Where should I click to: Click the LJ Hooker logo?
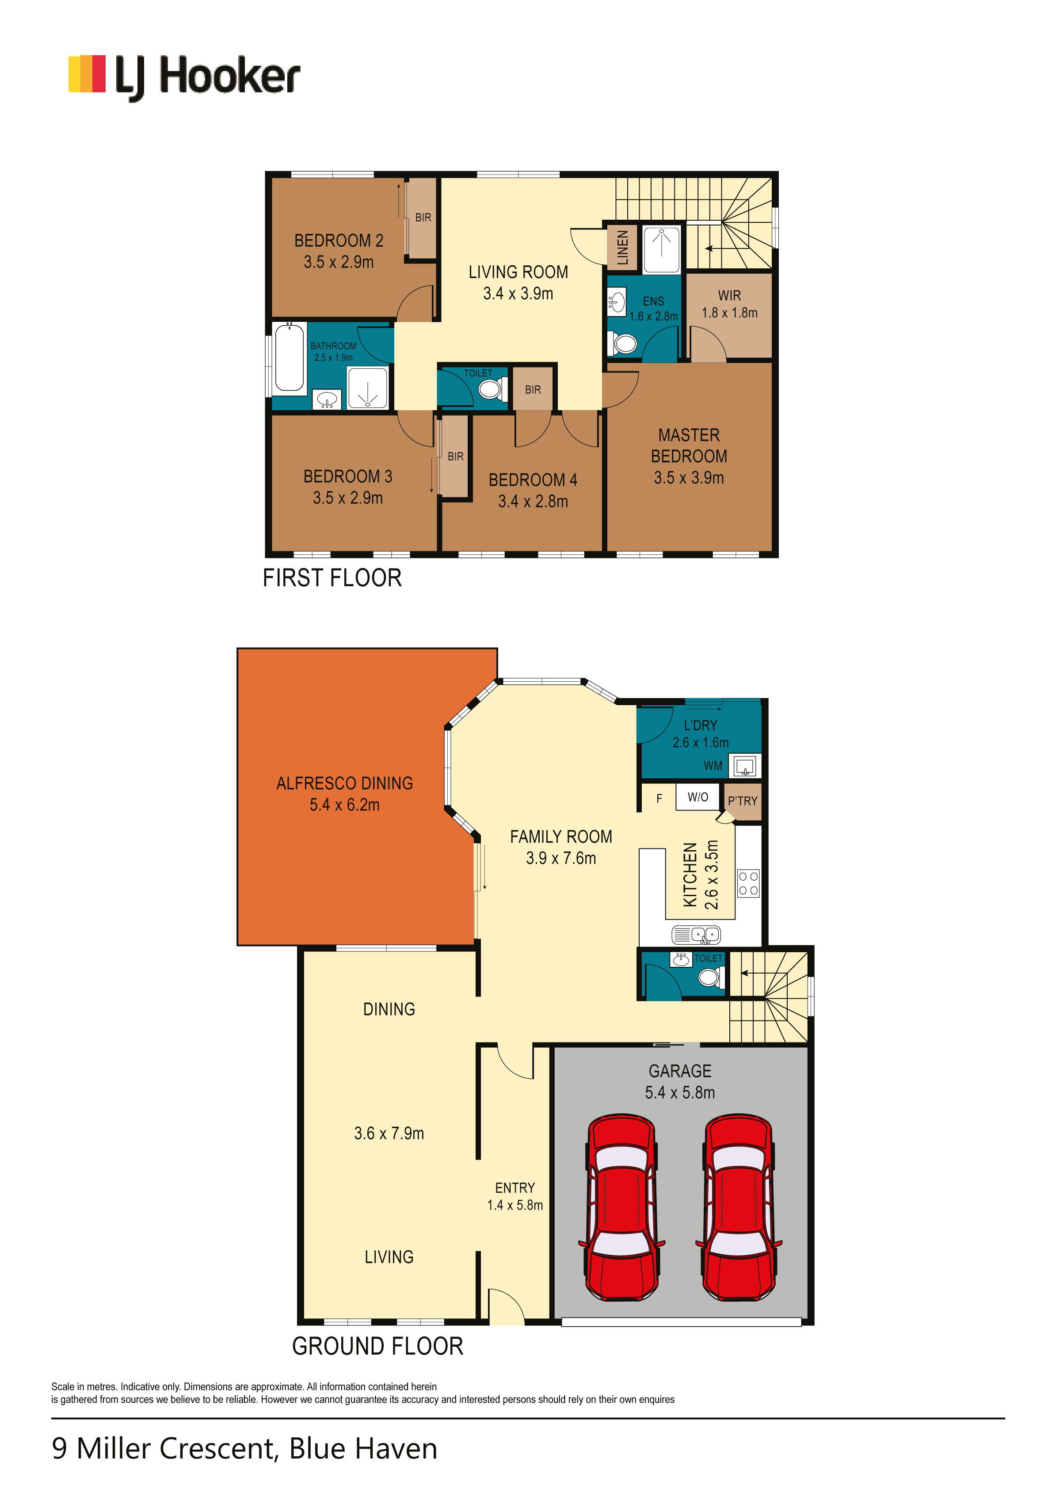coord(184,76)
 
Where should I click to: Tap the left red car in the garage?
coord(621,1207)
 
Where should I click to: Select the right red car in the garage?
coord(738,1207)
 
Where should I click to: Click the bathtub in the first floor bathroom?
coord(289,357)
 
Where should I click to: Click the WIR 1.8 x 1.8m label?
coord(729,304)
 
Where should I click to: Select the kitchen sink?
coord(696,935)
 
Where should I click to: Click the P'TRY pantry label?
coord(742,801)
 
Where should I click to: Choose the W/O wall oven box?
coord(698,797)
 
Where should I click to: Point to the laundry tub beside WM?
coord(745,766)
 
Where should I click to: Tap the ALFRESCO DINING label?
coord(344,783)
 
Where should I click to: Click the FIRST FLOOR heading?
coord(332,578)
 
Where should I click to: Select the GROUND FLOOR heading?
coord(377,1346)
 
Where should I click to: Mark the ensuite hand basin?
coord(616,302)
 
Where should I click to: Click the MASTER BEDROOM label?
coord(689,446)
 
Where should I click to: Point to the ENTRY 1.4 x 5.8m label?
coord(515,1196)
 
